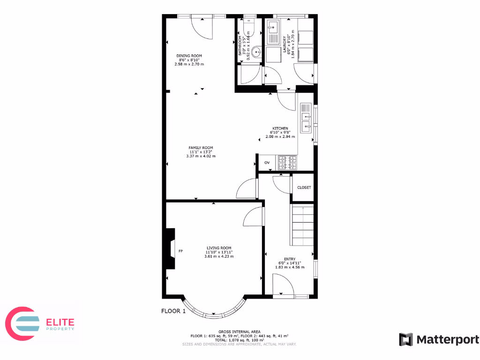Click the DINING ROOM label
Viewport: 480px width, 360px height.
[x=189, y=56]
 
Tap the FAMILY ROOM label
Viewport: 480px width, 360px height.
[x=201, y=148]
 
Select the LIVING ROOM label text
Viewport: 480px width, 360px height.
[x=219, y=248]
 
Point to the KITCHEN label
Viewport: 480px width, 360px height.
[x=280, y=128]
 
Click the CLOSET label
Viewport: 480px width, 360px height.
[x=304, y=187]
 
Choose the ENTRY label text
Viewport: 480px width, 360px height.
[x=289, y=263]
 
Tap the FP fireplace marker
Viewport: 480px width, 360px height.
[x=180, y=252]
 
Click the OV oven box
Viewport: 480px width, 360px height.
[x=267, y=163]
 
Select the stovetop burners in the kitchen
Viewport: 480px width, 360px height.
[x=288, y=163]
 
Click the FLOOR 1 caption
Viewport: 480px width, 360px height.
[x=173, y=311]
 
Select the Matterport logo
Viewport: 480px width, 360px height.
[x=439, y=339]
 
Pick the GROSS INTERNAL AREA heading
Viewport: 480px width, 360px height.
[x=239, y=332]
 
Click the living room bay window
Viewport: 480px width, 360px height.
[x=213, y=309]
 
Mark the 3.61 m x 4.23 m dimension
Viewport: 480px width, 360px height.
[x=219, y=256]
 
